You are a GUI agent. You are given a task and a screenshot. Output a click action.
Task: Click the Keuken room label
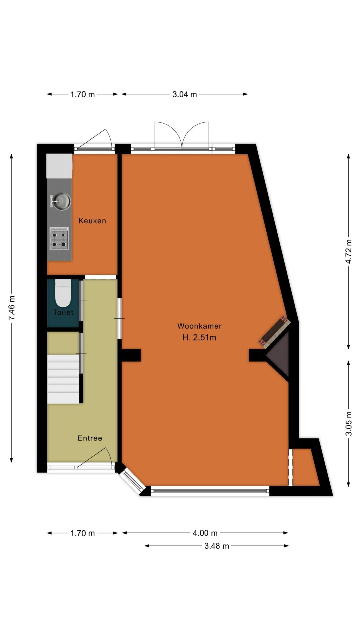[x=92, y=221]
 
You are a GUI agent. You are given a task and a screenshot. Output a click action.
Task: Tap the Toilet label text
[x=63, y=312]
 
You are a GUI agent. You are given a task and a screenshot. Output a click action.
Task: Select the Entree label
[x=90, y=438]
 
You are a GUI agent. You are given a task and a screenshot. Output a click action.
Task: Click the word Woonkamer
[x=199, y=326]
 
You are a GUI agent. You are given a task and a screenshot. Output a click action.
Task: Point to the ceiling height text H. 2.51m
[x=199, y=337]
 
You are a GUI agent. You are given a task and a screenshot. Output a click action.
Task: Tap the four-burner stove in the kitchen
[x=59, y=239]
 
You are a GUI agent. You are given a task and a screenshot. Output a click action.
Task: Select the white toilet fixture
[x=63, y=293]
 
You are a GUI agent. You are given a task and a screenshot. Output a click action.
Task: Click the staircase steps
[x=63, y=379]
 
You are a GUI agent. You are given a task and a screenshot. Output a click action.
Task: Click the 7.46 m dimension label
[x=12, y=308]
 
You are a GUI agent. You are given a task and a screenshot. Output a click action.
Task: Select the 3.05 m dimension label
[x=349, y=424]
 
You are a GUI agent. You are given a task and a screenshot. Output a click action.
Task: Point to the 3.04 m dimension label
[x=185, y=94]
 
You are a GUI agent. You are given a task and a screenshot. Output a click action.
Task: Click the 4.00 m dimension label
[x=205, y=533]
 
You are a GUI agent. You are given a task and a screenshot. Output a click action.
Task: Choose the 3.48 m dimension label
[x=217, y=546]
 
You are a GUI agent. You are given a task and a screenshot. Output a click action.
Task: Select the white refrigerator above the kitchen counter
[x=59, y=166]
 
